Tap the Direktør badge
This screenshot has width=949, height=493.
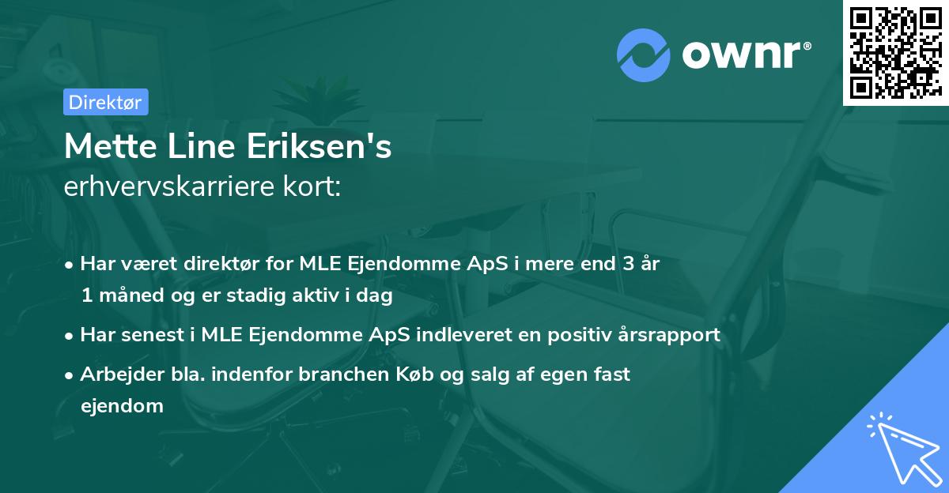(x=105, y=102)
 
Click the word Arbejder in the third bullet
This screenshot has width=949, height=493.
(x=115, y=374)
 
